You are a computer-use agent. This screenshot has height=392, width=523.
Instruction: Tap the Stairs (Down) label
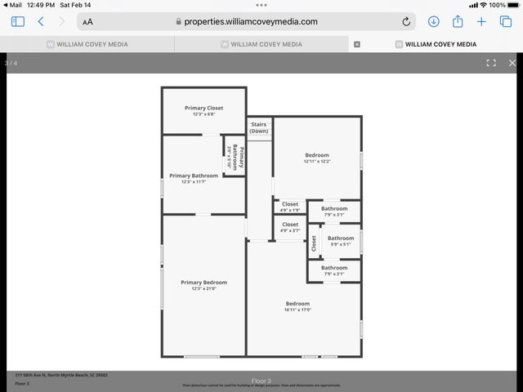tap(259, 127)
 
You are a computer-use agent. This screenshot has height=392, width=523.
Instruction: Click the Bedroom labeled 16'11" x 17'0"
tap(297, 306)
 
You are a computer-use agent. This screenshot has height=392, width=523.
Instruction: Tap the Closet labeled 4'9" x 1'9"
tap(290, 207)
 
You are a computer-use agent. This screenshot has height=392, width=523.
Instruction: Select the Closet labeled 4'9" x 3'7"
tap(290, 227)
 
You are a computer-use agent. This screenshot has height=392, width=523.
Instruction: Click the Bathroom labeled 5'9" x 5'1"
tap(341, 241)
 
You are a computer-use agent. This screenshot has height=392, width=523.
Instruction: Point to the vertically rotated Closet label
tap(314, 243)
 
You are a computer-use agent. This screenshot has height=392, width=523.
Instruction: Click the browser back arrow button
tap(41, 21)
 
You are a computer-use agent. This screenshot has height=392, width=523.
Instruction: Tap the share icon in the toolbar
tap(458, 21)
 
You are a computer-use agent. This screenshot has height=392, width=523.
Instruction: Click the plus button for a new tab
tap(482, 21)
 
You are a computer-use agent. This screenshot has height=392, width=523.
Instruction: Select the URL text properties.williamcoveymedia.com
tap(250, 21)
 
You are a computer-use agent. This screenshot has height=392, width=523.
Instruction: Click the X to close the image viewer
tap(512, 63)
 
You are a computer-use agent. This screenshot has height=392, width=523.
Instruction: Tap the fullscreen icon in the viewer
tap(491, 63)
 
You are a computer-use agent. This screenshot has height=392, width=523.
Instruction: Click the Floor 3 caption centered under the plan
tap(261, 380)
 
